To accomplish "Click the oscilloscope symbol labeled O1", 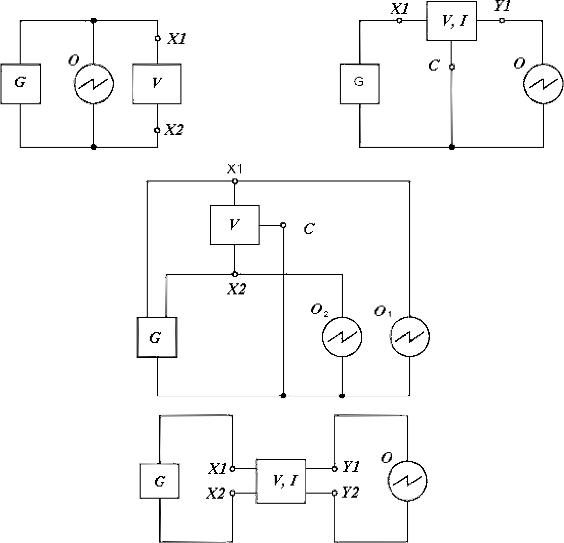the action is [410, 337].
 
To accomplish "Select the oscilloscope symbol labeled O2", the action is [342, 337].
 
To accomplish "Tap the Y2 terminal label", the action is [350, 493].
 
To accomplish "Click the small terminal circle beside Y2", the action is [335, 493].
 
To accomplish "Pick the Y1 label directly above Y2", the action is [351, 467].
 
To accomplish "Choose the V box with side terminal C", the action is [234, 225].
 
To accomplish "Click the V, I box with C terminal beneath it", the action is [452, 21].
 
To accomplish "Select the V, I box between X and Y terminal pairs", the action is [281, 481].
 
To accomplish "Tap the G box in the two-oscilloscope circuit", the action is [157, 337].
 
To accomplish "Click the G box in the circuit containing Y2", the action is [159, 481].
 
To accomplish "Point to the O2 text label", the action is [320, 310].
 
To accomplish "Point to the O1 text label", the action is [383, 311].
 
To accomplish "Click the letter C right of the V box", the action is [309, 229].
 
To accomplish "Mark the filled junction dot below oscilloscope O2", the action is [342, 396].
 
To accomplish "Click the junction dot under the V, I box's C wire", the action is [452, 147].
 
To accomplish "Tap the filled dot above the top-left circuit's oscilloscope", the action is [94, 21].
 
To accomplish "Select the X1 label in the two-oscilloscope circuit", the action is [234, 168].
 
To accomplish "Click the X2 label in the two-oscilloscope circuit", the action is [236, 289].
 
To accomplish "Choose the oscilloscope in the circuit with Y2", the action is [407, 481].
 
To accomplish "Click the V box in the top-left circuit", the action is [157, 84].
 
